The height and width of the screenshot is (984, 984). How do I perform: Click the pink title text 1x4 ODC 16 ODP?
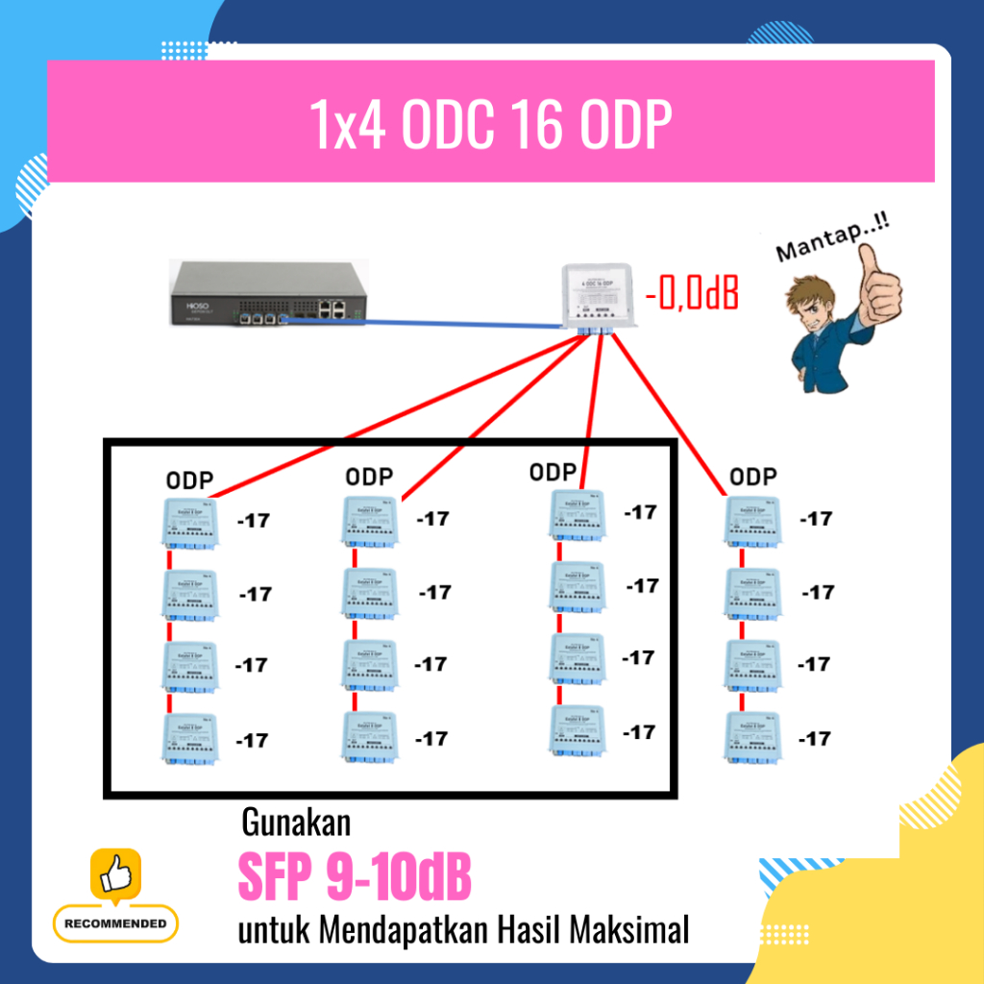click(x=489, y=123)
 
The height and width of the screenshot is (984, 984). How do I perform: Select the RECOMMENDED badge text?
click(x=115, y=924)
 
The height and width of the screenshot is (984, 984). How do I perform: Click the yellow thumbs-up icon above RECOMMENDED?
click(x=115, y=874)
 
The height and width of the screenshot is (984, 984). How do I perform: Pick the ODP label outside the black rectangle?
click(x=752, y=477)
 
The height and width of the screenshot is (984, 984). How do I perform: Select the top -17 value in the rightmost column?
click(x=816, y=519)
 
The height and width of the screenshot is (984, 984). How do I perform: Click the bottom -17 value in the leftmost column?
click(x=253, y=740)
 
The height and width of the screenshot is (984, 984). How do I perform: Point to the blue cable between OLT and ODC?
click(x=423, y=323)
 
